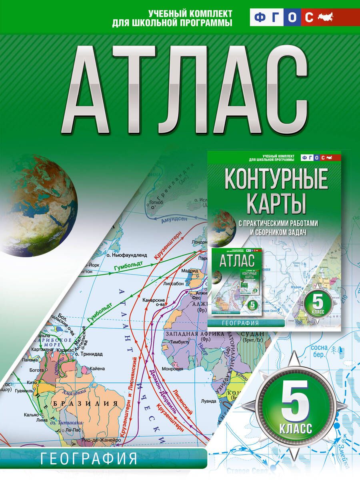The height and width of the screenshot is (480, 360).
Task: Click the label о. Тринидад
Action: (x=91, y=354)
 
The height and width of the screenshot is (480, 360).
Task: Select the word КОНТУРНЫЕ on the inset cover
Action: (x=276, y=180)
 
